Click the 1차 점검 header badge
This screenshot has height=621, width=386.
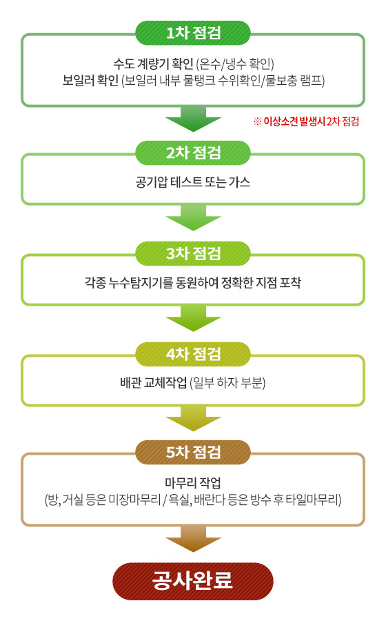193,33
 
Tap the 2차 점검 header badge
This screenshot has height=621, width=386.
193,153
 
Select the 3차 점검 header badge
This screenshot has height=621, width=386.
193,253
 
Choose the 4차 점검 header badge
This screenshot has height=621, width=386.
193,354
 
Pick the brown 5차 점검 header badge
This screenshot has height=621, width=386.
193,452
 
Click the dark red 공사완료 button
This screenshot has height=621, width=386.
193,581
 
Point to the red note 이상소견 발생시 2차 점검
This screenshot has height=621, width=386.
306,121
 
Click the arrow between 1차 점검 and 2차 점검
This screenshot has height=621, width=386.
193,119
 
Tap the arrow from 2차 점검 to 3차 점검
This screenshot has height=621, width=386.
193,218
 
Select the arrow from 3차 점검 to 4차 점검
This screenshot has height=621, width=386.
193,318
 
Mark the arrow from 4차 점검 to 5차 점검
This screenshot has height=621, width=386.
193,419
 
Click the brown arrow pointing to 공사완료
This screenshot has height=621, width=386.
193,539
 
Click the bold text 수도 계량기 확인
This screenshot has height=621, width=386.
153,63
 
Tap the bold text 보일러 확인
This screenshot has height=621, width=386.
90,81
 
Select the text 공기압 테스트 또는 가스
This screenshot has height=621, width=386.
193,182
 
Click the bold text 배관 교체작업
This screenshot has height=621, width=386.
154,383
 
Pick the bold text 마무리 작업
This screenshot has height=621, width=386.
193,483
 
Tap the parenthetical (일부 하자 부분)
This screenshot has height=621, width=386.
227,383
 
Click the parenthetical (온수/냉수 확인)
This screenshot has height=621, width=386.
235,63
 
